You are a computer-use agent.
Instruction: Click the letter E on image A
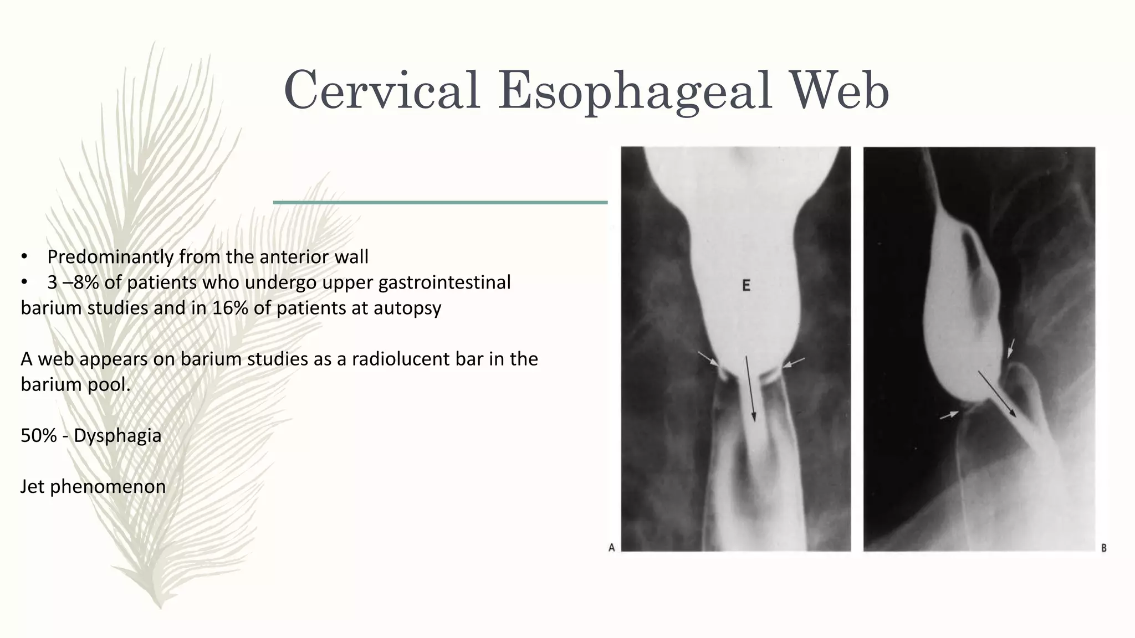click(746, 286)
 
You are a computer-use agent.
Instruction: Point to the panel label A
click(611, 548)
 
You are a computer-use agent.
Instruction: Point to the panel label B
click(1103, 548)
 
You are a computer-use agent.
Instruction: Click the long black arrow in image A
click(749, 390)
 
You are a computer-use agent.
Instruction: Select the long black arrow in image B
click(996, 393)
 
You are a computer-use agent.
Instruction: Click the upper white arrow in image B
click(1011, 348)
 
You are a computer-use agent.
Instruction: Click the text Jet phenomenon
click(93, 487)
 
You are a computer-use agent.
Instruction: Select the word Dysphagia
click(117, 436)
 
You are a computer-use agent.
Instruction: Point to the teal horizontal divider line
click(440, 203)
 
